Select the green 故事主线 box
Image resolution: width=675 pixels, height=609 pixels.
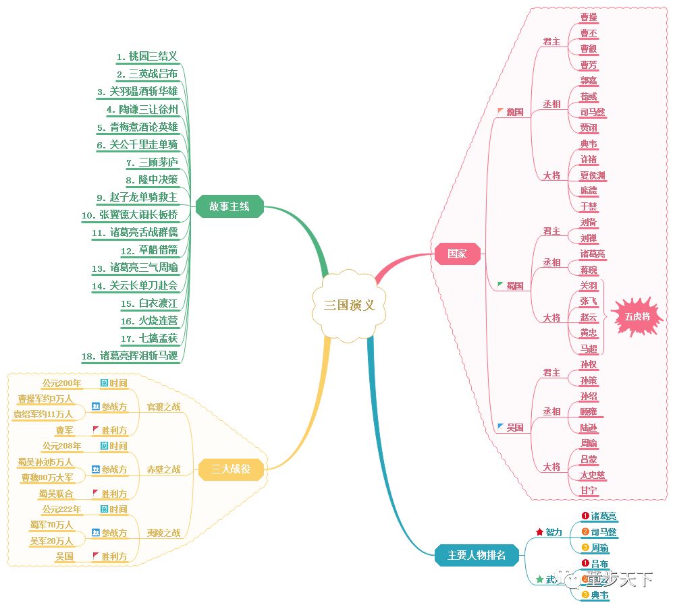click(x=230, y=206)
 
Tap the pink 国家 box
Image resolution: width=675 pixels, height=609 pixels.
click(x=457, y=254)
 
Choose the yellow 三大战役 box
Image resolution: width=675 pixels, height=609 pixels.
click(x=231, y=469)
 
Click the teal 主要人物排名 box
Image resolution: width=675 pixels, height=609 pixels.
click(x=476, y=555)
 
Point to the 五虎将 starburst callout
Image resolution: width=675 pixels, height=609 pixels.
click(x=637, y=316)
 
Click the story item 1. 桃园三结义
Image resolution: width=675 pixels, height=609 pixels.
click(x=147, y=57)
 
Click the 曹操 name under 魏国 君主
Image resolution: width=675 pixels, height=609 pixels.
click(x=589, y=18)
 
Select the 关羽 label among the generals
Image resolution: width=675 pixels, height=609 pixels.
click(x=589, y=285)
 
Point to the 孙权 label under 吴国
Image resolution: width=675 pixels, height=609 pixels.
click(x=589, y=364)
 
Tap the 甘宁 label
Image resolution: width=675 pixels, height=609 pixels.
click(x=589, y=490)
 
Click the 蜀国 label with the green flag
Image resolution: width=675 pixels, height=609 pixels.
click(x=514, y=286)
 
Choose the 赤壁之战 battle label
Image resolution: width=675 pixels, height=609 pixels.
click(x=164, y=469)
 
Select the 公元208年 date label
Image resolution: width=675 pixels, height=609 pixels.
click(x=61, y=446)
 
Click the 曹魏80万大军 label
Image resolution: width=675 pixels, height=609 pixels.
click(x=47, y=477)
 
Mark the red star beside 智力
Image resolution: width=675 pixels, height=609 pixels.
click(x=539, y=532)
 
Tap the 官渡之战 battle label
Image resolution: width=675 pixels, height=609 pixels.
click(x=164, y=407)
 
